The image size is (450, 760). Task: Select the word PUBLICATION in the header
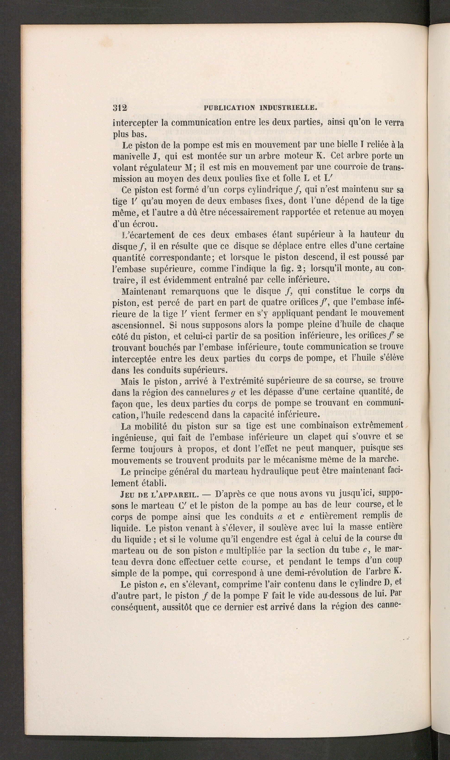230,108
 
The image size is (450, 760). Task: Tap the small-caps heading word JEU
126,494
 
